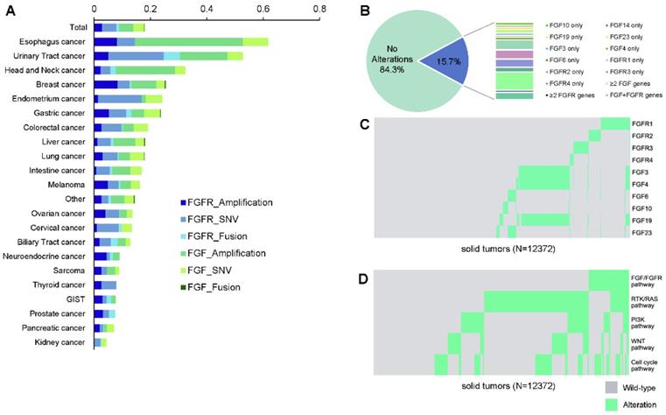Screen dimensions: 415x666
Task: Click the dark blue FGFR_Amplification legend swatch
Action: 183,202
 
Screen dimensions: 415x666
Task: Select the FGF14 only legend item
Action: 599,17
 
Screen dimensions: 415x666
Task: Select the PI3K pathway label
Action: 643,322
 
